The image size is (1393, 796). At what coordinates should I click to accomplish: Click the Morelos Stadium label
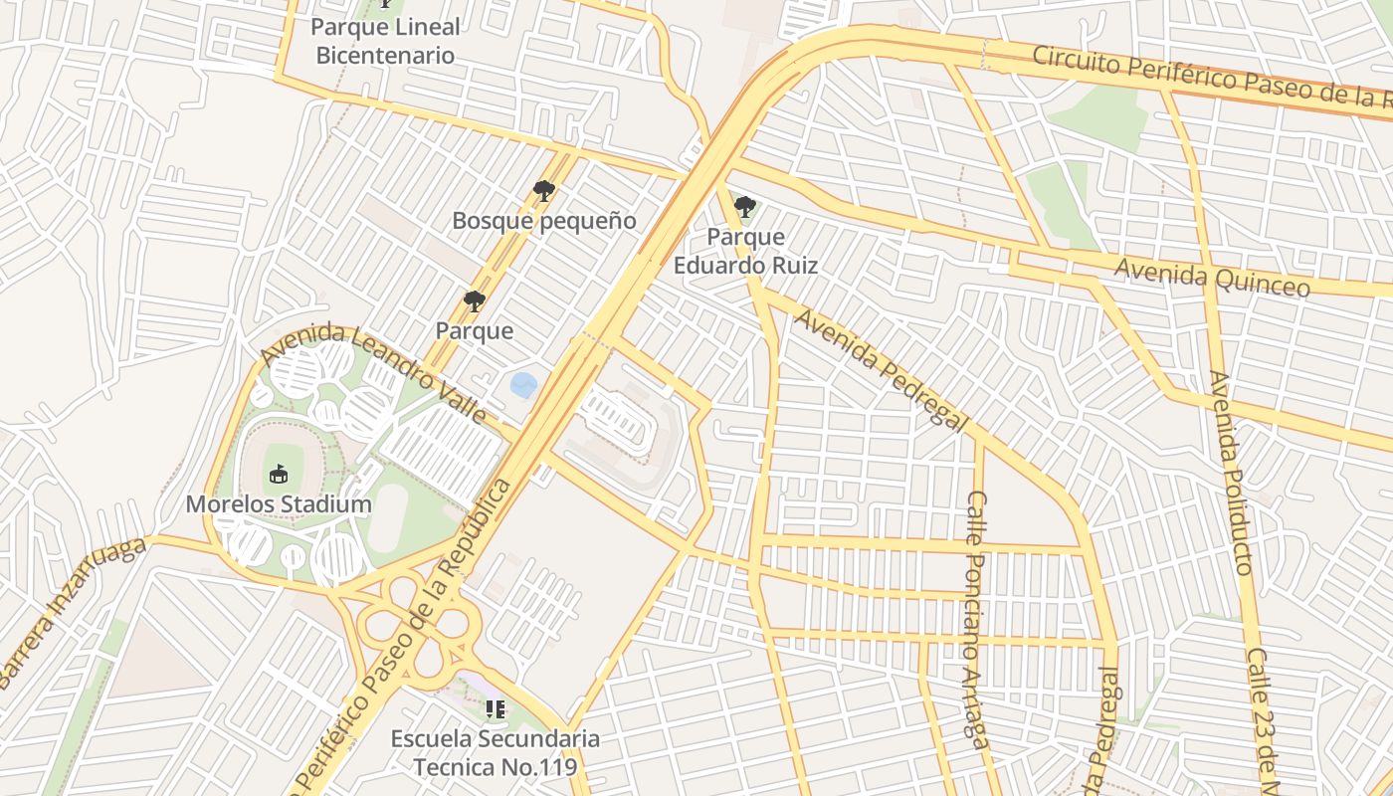pos(279,504)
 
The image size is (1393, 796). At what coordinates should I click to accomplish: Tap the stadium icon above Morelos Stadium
pos(278,474)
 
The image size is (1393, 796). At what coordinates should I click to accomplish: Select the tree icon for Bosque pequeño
pos(543,190)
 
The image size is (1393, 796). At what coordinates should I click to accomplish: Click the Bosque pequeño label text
pos(543,221)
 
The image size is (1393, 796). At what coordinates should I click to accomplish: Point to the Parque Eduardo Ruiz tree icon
pos(744,207)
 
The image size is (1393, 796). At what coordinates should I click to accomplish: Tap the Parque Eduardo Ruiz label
pos(745,252)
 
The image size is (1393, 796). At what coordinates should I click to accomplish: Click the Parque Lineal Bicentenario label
pos(385,41)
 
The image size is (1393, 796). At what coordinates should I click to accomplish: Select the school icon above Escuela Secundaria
pos(496,709)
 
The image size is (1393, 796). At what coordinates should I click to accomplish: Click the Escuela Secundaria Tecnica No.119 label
pos(496,753)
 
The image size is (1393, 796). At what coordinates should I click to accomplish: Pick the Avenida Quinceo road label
pos(1211,277)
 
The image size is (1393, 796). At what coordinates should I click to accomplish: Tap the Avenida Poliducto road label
pos(1231,473)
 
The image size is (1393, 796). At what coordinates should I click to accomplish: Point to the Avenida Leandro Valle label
pos(374,372)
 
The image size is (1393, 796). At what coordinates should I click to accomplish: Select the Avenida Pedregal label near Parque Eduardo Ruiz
pos(881,369)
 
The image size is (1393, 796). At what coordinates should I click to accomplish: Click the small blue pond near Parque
pos(523,384)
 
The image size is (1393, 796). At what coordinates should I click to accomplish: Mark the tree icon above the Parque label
pos(475,300)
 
